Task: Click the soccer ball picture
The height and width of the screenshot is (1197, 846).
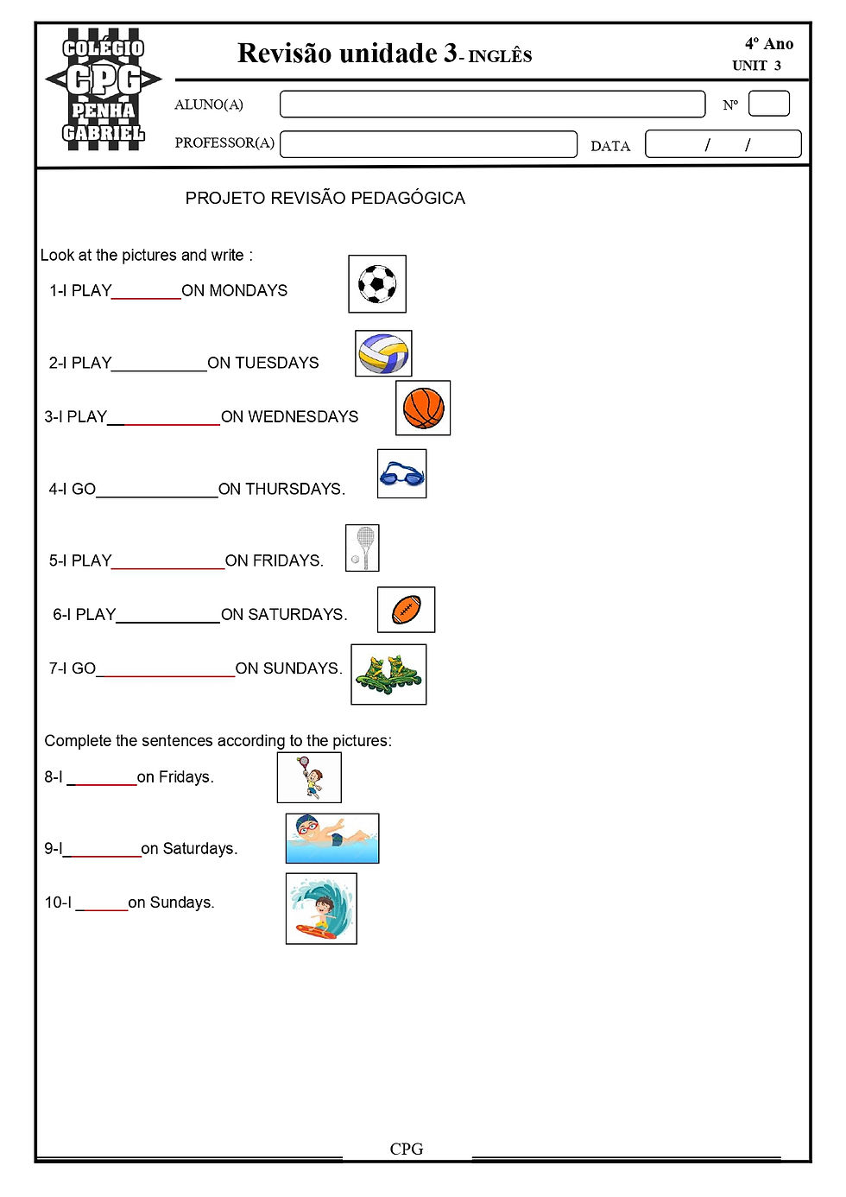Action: [377, 283]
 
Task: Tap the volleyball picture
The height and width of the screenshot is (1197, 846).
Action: [383, 353]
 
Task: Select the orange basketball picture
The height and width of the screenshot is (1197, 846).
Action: [423, 408]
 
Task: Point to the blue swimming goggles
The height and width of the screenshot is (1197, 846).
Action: [401, 474]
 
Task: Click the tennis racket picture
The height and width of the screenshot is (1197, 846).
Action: [363, 548]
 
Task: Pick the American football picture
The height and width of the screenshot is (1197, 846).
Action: [406, 610]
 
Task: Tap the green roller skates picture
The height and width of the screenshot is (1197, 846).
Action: [388, 674]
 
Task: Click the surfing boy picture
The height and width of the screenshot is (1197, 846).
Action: [321, 909]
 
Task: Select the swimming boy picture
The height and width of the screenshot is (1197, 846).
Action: [332, 838]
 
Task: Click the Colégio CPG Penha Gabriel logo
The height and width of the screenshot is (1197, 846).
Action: [104, 90]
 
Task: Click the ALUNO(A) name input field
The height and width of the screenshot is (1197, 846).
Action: [492, 104]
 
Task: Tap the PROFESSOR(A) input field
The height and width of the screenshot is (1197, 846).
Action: [428, 144]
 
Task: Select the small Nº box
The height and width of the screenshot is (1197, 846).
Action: [768, 104]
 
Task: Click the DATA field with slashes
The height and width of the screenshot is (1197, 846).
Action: [723, 144]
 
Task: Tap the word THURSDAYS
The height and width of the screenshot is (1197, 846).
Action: [294, 490]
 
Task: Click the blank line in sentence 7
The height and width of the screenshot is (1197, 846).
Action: [166, 671]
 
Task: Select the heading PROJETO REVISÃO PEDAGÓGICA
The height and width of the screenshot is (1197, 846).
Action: [325, 199]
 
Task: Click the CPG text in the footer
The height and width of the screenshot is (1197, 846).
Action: [407, 1149]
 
